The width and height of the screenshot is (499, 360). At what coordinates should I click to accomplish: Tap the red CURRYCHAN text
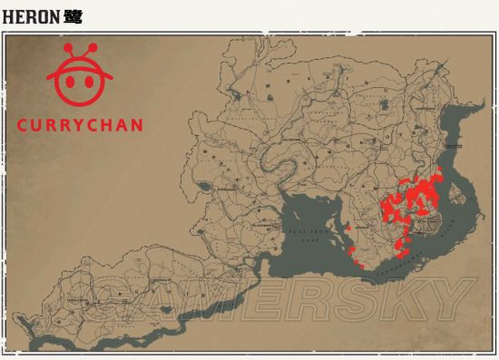tap(80, 125)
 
